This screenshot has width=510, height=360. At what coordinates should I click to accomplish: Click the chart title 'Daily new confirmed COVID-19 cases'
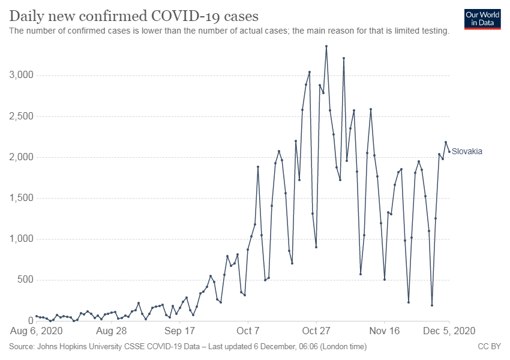(x=134, y=16)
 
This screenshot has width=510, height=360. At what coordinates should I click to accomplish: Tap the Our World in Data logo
(x=482, y=19)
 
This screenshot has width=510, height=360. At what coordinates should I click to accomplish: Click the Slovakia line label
(x=467, y=151)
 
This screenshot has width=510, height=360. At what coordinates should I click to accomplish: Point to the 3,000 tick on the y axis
(x=21, y=75)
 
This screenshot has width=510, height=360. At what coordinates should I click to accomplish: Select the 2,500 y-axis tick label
(x=21, y=116)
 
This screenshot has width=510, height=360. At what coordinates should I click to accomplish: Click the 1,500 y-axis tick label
(x=21, y=198)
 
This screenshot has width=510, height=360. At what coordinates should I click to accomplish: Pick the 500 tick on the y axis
(x=25, y=280)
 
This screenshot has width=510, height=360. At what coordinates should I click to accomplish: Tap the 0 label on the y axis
(x=31, y=320)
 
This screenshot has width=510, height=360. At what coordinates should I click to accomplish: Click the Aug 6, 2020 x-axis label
(x=37, y=331)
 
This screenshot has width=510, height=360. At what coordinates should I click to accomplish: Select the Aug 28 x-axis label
(x=111, y=331)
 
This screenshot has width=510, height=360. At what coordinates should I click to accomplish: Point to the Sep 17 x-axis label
(x=179, y=331)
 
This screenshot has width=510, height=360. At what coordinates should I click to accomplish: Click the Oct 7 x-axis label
(x=248, y=331)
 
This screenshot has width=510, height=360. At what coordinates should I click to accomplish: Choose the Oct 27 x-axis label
(x=316, y=331)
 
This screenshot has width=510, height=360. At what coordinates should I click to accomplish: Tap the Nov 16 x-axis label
(x=385, y=331)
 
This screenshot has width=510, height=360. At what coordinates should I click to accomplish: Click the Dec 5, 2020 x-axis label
(x=449, y=331)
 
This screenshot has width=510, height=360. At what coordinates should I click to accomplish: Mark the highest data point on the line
(x=326, y=46)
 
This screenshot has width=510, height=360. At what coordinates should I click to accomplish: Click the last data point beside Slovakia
(x=449, y=152)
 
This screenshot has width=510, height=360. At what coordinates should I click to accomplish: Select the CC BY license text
(x=489, y=347)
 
